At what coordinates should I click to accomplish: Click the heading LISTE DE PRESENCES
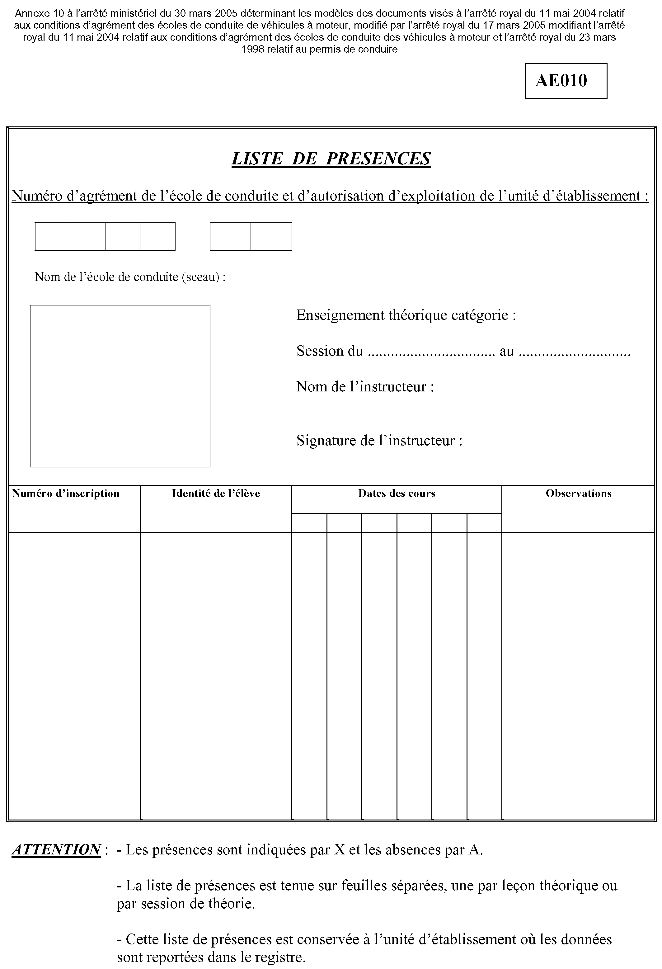point(331,159)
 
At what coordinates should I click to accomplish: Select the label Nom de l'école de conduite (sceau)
point(130,277)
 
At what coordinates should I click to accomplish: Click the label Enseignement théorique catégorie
point(406,315)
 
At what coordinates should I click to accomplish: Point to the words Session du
point(329,351)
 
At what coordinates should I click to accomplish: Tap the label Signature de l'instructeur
point(379,440)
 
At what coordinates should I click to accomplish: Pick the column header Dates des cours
point(397,493)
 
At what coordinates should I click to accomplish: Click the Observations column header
point(578,493)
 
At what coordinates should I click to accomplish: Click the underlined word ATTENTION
point(56,849)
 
